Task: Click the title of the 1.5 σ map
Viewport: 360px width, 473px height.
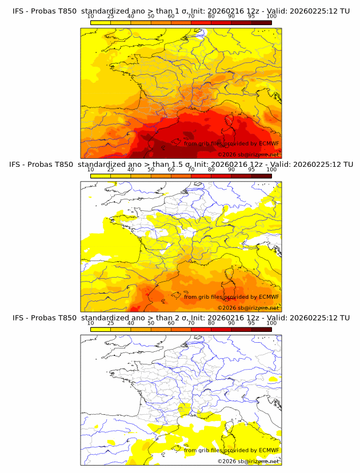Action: click(181, 164)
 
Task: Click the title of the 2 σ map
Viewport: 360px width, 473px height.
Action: click(181, 318)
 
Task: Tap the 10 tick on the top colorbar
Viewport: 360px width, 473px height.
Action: click(91, 16)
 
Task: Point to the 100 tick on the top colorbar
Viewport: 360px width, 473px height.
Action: click(271, 16)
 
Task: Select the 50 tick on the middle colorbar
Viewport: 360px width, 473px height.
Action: click(151, 170)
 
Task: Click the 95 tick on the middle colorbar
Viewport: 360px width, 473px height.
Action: click(251, 170)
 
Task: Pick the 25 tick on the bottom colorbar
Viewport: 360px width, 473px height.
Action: click(111, 323)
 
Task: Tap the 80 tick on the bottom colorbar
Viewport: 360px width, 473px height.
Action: click(211, 323)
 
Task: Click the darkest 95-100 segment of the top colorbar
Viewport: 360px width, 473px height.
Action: click(261, 22)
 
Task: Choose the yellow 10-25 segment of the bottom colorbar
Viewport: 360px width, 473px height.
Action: click(101, 330)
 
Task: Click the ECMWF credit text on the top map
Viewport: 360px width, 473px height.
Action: click(231, 143)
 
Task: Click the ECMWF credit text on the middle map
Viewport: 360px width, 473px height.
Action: click(231, 296)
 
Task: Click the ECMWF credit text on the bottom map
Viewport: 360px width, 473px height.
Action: click(231, 450)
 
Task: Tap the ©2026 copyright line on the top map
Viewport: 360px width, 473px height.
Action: click(248, 154)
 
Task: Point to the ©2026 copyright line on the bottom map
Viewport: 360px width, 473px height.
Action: click(248, 461)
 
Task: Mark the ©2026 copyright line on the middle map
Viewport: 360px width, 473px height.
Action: click(248, 308)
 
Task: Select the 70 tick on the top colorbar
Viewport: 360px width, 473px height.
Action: click(191, 16)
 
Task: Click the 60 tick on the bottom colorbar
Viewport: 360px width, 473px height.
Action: click(171, 323)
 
